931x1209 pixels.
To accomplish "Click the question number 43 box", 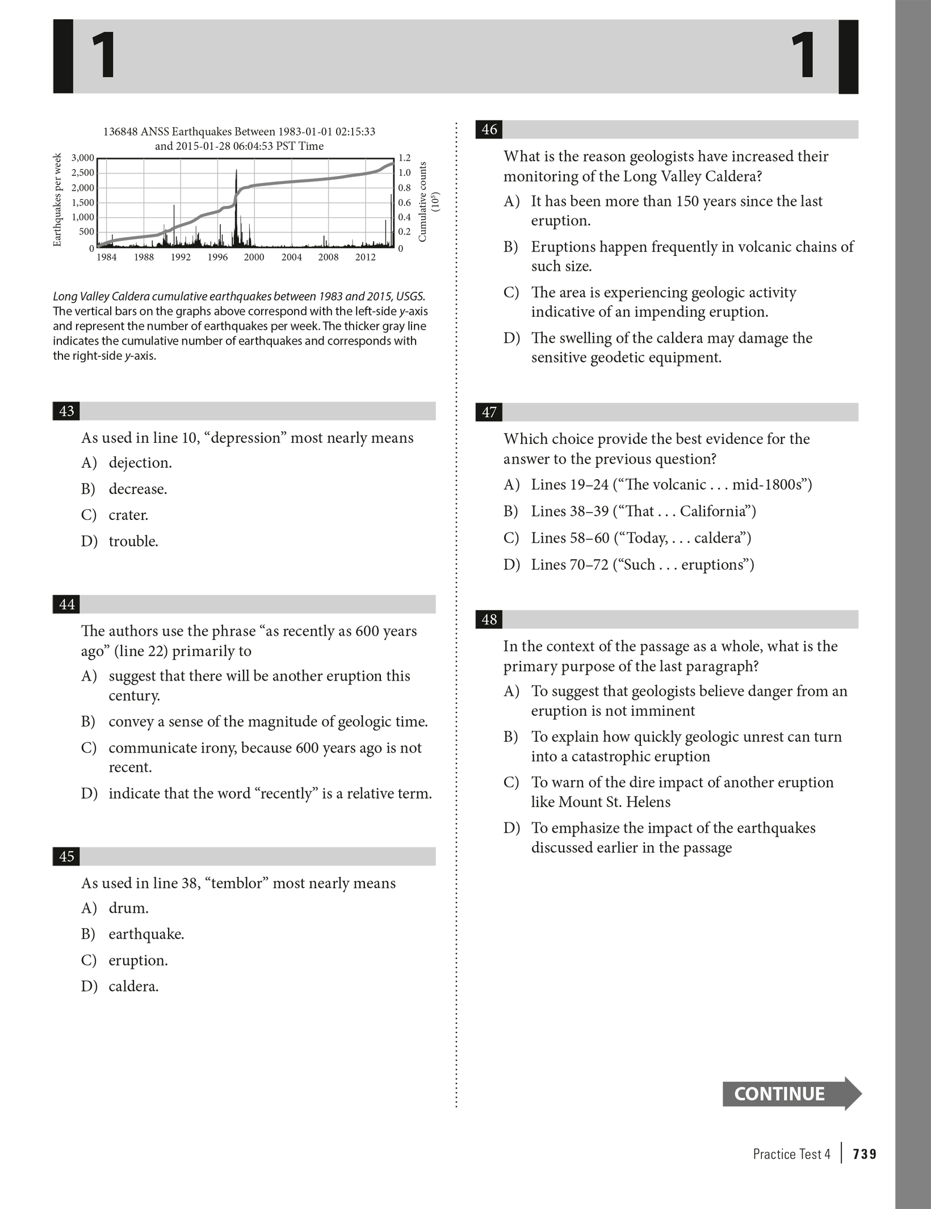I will tap(66, 411).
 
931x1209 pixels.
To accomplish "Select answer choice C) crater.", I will tap(128, 515).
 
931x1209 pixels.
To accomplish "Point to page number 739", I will tap(865, 1154).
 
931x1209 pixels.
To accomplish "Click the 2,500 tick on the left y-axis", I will tap(82, 173).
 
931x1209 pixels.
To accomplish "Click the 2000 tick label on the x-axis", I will tap(254, 257).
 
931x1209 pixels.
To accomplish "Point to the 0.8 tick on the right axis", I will tap(404, 187).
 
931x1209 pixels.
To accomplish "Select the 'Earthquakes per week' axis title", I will tap(57, 200).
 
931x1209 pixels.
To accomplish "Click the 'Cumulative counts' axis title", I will tap(422, 201).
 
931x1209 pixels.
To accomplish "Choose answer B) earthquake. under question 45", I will tap(146, 934).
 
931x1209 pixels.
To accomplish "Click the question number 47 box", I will tap(489, 412).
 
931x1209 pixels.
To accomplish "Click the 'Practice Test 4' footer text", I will tap(791, 1154).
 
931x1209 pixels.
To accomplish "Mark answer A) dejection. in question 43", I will tap(140, 463).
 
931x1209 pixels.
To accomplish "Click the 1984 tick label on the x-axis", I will tap(106, 257).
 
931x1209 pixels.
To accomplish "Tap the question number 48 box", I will tap(489, 619).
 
